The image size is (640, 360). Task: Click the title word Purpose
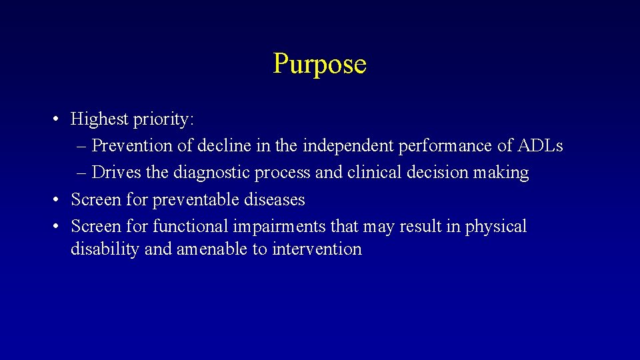(319, 64)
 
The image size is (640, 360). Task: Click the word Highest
(99, 119)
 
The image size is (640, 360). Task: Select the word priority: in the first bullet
(163, 120)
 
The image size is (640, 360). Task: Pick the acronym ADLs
(540, 145)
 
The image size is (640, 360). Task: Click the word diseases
(274, 199)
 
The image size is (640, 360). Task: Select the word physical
(495, 227)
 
